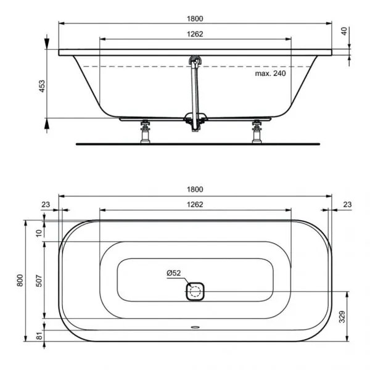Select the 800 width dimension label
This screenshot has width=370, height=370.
click(21, 281)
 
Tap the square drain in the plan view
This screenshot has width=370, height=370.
click(195, 290)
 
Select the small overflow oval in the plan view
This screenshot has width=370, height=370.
click(195, 329)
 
